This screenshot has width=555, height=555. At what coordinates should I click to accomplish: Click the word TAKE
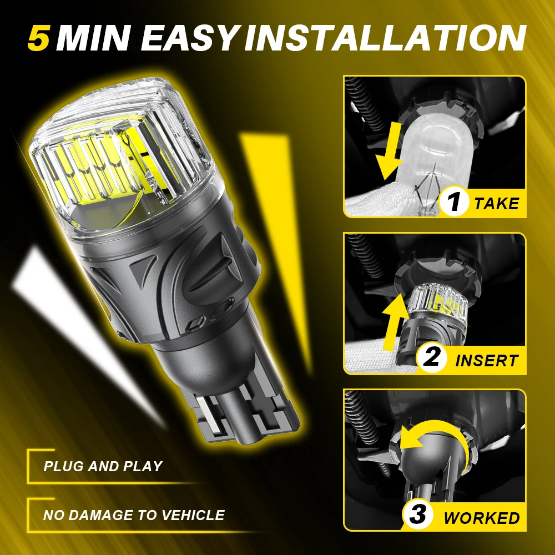tap(497, 203)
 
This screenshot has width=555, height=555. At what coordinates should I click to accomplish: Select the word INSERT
tap(487, 360)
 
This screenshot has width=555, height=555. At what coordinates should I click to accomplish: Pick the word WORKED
tap(482, 518)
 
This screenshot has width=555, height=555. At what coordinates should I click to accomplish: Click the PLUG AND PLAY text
tap(103, 466)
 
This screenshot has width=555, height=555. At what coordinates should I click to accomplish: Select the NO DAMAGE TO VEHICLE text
tap(134, 515)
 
